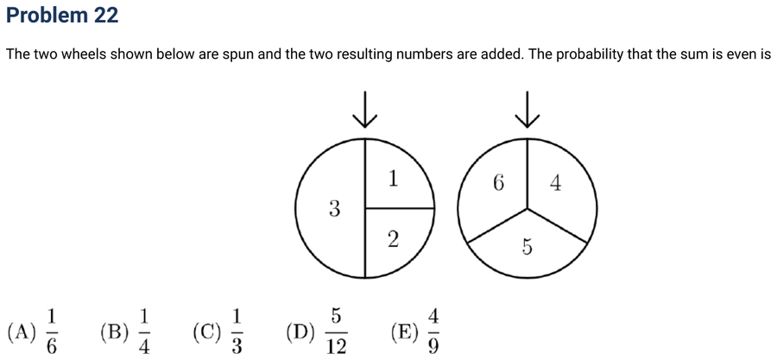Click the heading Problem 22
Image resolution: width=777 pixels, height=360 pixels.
tap(62, 16)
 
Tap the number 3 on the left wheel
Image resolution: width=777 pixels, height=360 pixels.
tap(334, 210)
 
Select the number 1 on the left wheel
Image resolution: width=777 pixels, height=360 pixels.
tap(393, 179)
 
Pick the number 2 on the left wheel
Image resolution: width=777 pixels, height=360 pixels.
tap(393, 240)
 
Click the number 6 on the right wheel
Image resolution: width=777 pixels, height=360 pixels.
tap(498, 183)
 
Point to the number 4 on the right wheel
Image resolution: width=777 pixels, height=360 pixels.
tap(555, 184)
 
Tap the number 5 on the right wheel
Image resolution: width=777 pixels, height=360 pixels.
tap(527, 247)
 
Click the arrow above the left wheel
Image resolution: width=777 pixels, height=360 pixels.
tap(365, 109)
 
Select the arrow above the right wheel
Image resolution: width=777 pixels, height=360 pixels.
tap(527, 109)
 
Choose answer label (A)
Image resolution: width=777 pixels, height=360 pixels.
tap(22, 332)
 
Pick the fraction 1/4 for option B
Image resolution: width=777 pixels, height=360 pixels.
tap(143, 332)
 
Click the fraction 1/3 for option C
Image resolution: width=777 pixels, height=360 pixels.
tap(237, 332)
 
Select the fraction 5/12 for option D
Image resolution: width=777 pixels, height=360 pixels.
tap(336, 332)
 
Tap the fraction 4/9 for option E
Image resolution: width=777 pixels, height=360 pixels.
tap(433, 332)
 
